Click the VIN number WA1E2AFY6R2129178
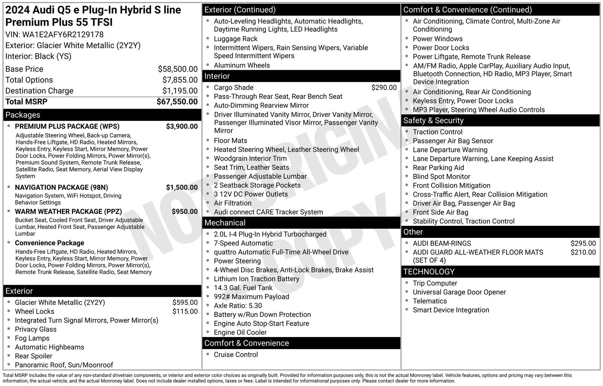point(63,35)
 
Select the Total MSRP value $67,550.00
point(177,102)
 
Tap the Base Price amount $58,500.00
point(178,69)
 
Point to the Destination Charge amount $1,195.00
point(180,91)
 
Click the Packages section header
point(23,115)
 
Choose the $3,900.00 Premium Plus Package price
point(182,126)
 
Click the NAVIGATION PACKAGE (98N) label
point(61,187)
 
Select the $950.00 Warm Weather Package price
point(185,211)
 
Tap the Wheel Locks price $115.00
point(185,311)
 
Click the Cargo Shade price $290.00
point(384,87)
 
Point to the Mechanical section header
point(225,223)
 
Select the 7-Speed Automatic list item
point(243,243)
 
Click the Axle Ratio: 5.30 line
point(238,306)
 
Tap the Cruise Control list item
point(236,355)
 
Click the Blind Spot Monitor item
point(441,176)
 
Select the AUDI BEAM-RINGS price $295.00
point(583,244)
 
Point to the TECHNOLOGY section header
point(429,272)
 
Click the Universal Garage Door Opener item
point(459,292)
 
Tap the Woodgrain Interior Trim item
point(250,158)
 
